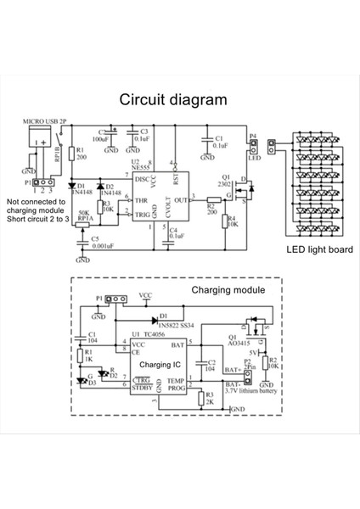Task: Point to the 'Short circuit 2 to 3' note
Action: [x=45, y=221]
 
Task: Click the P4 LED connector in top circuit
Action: [x=252, y=148]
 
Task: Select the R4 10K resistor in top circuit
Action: [x=229, y=222]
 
